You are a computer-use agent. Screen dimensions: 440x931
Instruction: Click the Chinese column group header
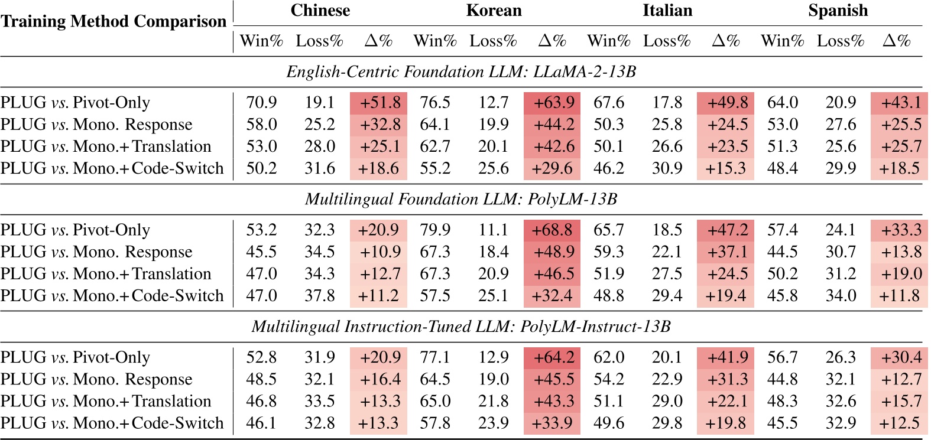point(320,11)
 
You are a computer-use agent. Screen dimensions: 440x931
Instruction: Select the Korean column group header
point(494,11)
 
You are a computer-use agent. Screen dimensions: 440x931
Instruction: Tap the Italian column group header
point(667,11)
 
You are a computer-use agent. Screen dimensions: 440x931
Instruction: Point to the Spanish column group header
point(838,11)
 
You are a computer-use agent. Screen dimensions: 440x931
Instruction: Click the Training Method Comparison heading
point(113,21)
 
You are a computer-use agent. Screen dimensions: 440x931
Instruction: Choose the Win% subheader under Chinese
point(261,41)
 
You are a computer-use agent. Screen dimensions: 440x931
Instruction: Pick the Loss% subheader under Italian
point(667,41)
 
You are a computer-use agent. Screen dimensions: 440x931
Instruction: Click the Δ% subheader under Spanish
point(896,41)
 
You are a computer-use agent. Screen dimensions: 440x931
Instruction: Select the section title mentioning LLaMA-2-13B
point(461,72)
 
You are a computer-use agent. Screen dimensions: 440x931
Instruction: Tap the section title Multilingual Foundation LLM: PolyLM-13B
point(461,199)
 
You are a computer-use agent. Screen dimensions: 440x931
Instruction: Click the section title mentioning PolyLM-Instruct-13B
point(461,327)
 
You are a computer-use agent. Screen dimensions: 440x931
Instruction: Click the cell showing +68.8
point(552,230)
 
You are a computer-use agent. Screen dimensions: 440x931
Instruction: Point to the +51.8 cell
point(379,103)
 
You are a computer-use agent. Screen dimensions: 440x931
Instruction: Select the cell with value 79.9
point(435,230)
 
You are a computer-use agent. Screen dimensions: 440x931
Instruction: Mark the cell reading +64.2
point(552,357)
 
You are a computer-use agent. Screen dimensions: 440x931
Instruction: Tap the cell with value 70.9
point(261,103)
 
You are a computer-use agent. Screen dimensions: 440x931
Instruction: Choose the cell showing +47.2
point(726,230)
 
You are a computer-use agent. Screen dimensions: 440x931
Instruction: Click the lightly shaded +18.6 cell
point(379,168)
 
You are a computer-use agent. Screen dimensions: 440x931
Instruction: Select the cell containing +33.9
point(552,423)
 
